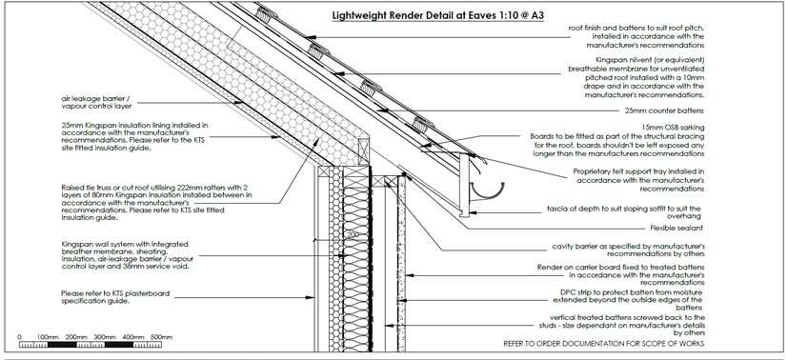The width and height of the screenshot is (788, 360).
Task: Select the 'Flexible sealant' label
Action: tap(676, 228)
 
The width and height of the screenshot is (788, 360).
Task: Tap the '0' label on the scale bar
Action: tap(20, 337)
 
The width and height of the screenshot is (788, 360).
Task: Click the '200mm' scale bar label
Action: tap(76, 337)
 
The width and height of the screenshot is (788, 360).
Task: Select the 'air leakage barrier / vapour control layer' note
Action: tap(96, 103)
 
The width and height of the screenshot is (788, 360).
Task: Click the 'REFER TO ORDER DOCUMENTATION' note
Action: tap(603, 344)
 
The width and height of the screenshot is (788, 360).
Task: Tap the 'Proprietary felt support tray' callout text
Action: tap(639, 180)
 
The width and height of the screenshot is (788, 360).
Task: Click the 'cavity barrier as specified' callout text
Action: tap(628, 250)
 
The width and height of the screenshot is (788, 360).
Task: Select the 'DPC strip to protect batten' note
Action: tap(628, 300)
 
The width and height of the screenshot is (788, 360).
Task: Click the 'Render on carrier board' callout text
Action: tap(620, 275)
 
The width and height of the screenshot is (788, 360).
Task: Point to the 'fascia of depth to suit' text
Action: tap(624, 211)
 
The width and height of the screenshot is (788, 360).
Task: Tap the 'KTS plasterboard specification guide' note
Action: tap(115, 297)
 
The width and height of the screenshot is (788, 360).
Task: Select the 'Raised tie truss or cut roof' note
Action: tap(157, 202)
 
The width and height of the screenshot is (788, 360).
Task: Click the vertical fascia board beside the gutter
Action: tap(464, 186)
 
